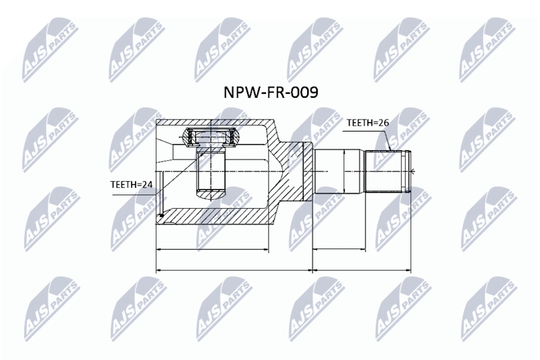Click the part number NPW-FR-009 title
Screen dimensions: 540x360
point(271,93)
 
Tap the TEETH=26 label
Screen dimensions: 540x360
point(367,123)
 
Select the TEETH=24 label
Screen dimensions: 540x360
point(131,184)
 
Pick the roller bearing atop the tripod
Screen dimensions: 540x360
point(210,136)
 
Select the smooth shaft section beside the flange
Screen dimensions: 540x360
point(340,171)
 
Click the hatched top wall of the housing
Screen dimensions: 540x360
point(213,124)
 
